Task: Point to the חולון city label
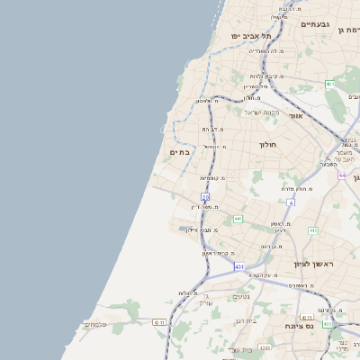click(267, 144)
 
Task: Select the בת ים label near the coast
click(180, 152)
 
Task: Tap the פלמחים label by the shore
click(94, 324)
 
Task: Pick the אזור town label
click(296, 115)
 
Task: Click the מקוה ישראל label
click(263, 112)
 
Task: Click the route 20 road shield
click(205, 196)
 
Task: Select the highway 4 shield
click(291, 203)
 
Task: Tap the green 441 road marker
click(238, 218)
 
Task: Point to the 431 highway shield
click(238, 266)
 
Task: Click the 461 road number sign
click(330, 85)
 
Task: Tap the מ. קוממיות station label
click(212, 178)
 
